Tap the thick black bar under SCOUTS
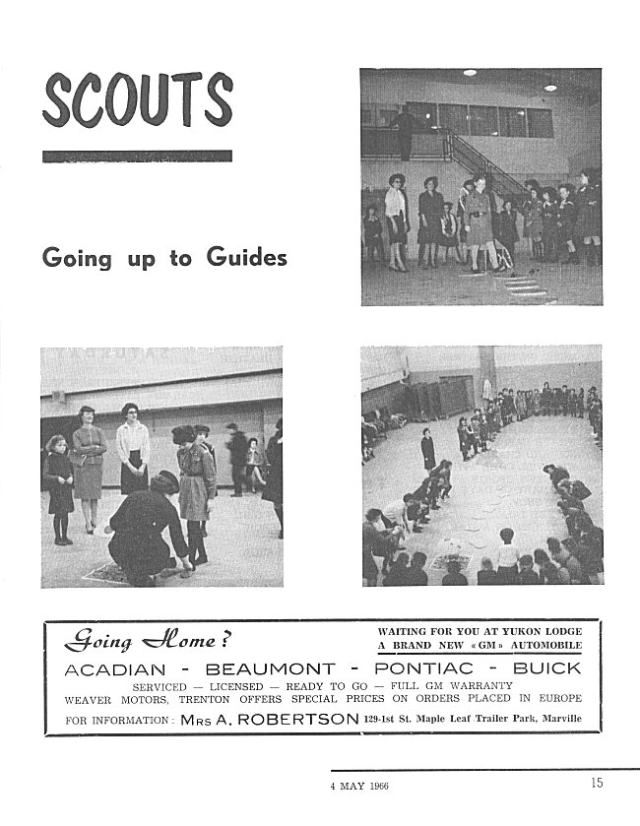[137, 156]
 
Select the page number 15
[599, 784]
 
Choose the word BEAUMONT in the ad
[268, 668]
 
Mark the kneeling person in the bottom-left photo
[148, 527]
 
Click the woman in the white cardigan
[132, 448]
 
